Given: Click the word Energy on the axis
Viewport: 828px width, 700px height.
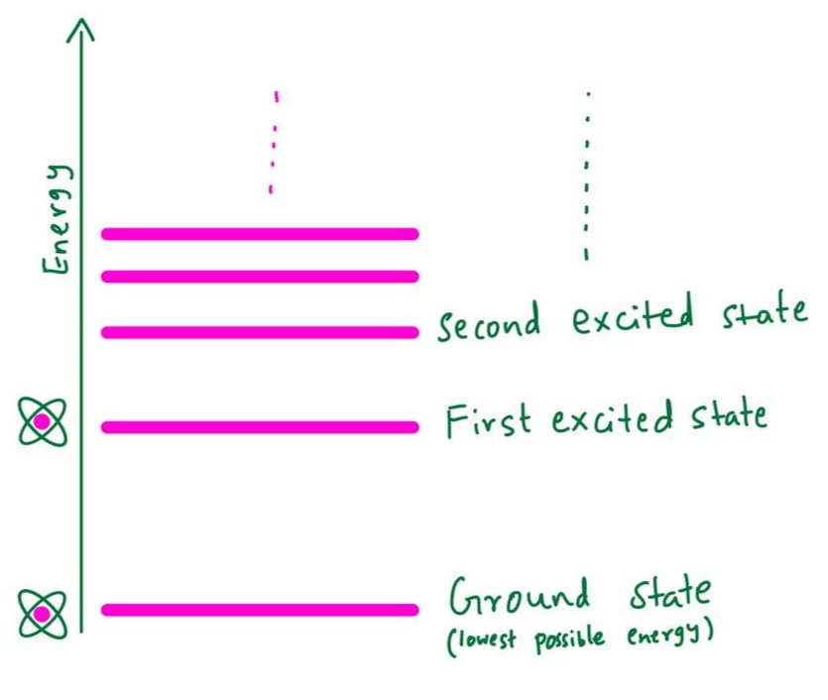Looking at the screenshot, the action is coord(58,219).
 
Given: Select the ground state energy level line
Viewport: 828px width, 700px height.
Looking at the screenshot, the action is coord(260,610).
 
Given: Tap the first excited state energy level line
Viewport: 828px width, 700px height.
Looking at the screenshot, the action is coord(260,427).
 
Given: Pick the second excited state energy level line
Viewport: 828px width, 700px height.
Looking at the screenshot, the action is coord(260,332).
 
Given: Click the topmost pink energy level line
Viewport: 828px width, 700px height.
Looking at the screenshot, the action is coord(260,234).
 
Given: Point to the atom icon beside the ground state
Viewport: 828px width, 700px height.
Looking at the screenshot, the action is coord(43,615).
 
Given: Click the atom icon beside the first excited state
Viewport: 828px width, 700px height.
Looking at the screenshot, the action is coord(43,422).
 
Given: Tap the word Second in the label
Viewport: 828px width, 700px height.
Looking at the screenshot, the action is coord(489,322).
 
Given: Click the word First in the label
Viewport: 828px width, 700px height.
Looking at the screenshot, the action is coord(488,420).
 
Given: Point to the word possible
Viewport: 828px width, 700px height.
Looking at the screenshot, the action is coord(569,640).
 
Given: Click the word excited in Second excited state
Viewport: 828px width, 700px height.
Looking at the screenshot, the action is coord(632,314).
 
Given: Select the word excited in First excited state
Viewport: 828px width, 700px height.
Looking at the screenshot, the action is coord(613,418).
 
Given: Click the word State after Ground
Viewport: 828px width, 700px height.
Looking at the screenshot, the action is coord(669,593).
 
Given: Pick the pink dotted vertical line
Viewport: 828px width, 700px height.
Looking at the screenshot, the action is coord(274,143).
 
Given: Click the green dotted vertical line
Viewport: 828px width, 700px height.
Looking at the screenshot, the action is coord(587,175).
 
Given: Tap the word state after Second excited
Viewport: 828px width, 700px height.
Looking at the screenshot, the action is coord(766,310).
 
